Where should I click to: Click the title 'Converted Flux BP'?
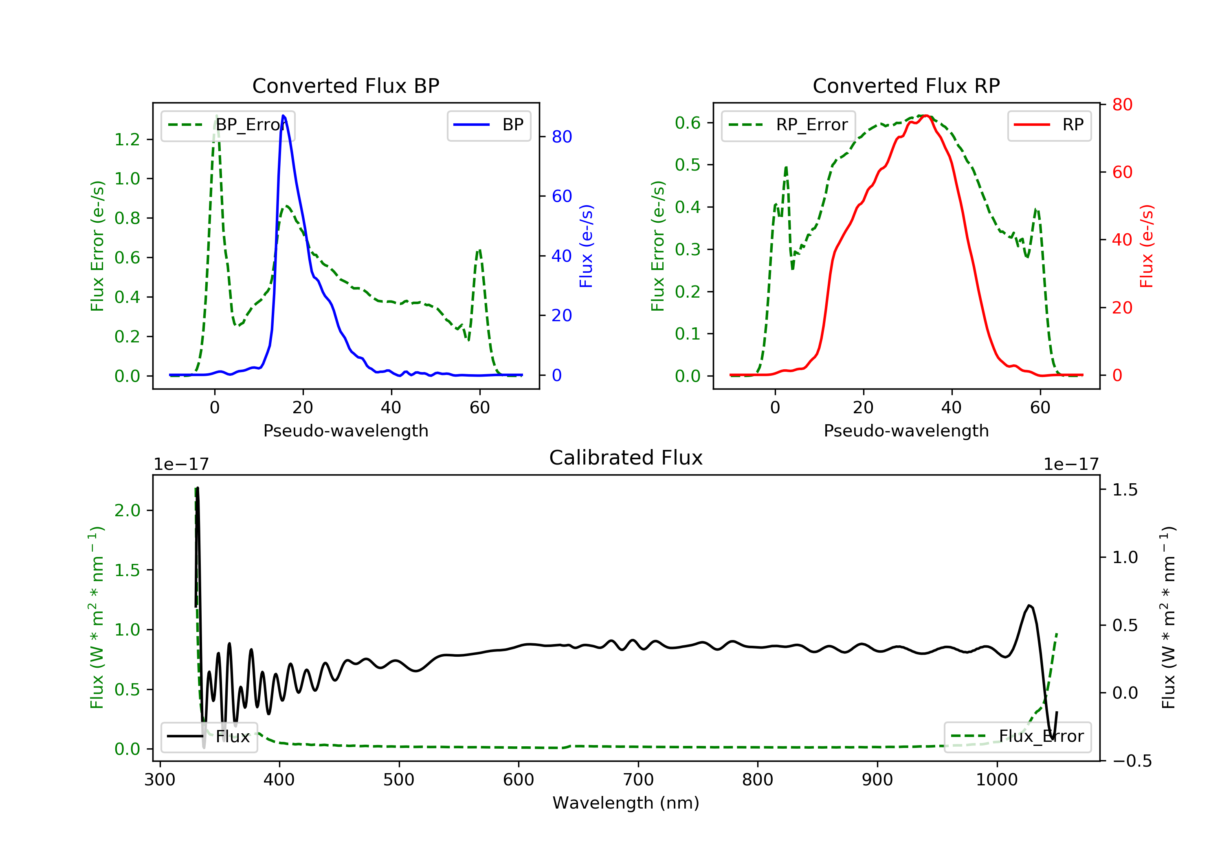click(x=345, y=85)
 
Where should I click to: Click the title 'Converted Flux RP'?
click(x=906, y=85)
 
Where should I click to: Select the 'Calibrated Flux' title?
click(x=626, y=458)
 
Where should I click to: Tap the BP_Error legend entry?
click(x=228, y=125)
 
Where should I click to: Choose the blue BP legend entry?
click(x=488, y=125)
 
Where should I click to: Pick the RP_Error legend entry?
click(x=788, y=125)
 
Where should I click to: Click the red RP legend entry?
click(x=1049, y=125)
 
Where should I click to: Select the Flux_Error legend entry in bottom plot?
click(x=1018, y=737)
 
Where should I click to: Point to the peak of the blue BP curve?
click(x=283, y=116)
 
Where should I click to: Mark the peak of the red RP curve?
click(x=925, y=116)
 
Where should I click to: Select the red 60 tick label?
click(x=1123, y=172)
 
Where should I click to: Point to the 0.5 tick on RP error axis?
click(x=688, y=165)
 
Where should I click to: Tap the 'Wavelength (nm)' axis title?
click(x=626, y=803)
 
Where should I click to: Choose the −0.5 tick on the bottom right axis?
click(x=1132, y=761)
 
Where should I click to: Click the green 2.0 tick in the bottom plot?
click(x=127, y=511)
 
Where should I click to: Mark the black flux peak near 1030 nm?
click(x=1029, y=605)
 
